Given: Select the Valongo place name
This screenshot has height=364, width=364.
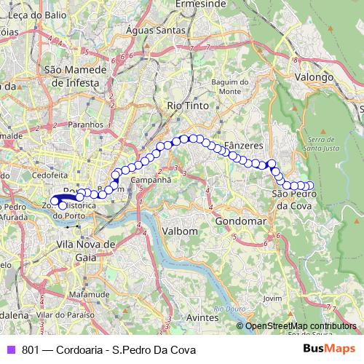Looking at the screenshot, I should pos(314,76).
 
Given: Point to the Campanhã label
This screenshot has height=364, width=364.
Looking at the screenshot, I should pos(151,178).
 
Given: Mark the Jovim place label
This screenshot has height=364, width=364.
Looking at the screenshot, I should pos(273,298).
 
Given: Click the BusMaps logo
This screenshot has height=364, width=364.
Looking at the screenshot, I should pos(328,349).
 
